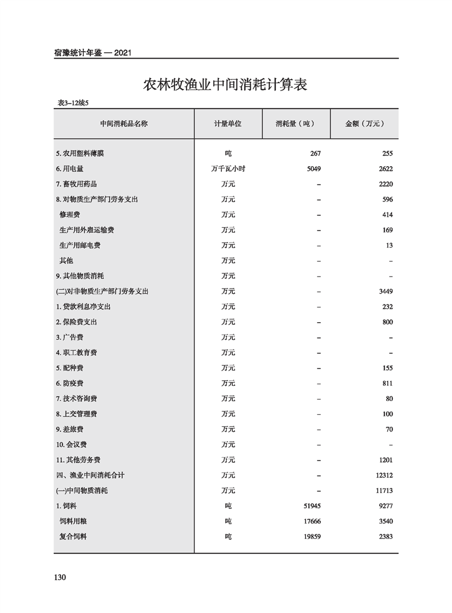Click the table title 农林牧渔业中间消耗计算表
pos(225,85)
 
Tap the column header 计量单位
pos(227,124)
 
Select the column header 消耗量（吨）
pos(295,124)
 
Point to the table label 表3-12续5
pos(74,103)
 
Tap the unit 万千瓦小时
pos(228,169)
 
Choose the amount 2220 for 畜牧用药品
pos(385,184)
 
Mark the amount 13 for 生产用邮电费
pos(389,245)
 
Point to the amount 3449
pos(385,291)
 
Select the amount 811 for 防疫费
pos(387,383)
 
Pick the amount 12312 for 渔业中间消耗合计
pos(383,475)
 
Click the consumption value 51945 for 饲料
pos(311,505)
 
